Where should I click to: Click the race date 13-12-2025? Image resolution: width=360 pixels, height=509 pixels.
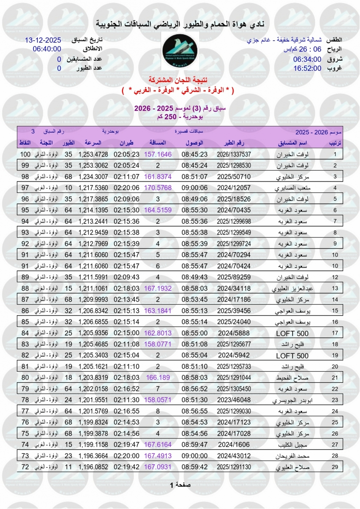[43, 40]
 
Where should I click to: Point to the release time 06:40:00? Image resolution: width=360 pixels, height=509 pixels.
[47, 49]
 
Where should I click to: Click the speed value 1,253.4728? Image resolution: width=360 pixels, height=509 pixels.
[93, 154]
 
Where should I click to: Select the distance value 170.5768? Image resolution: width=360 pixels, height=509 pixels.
[158, 187]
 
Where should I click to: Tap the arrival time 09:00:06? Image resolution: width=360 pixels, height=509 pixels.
[195, 187]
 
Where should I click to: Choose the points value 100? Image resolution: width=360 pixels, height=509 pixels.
[26, 154]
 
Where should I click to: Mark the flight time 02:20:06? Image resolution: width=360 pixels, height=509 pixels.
[126, 187]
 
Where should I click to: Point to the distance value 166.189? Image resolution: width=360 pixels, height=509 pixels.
[158, 378]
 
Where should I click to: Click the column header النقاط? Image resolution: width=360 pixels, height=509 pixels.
[25, 143]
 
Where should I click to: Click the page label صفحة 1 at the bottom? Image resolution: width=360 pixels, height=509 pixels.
[180, 485]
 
